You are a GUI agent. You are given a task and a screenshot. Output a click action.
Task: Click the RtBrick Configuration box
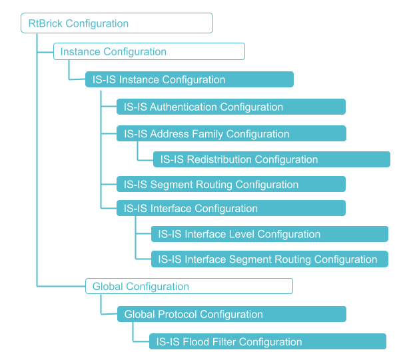click(x=117, y=23)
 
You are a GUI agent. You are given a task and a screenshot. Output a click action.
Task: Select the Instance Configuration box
click(x=149, y=51)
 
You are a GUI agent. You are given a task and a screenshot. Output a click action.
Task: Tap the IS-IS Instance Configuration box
click(x=189, y=79)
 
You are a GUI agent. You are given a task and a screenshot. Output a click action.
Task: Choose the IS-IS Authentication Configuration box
click(x=230, y=107)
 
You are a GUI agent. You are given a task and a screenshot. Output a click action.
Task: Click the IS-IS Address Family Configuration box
click(x=230, y=134)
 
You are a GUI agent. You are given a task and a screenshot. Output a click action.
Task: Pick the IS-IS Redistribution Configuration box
click(x=271, y=159)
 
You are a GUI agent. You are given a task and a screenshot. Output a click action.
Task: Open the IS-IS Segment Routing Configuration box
click(x=230, y=185)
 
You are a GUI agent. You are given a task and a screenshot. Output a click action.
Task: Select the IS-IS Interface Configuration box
click(x=230, y=209)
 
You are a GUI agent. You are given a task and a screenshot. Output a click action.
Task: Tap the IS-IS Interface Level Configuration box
click(x=269, y=234)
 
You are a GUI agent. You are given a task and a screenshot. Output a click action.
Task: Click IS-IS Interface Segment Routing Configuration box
click(x=269, y=259)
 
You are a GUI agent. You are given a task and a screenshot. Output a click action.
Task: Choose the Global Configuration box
click(x=189, y=287)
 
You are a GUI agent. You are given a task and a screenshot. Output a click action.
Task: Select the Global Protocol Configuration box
click(x=231, y=314)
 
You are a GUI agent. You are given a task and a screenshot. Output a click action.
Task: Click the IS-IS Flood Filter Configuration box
click(x=267, y=342)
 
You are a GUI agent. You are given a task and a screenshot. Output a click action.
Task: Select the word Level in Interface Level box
click(x=242, y=234)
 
